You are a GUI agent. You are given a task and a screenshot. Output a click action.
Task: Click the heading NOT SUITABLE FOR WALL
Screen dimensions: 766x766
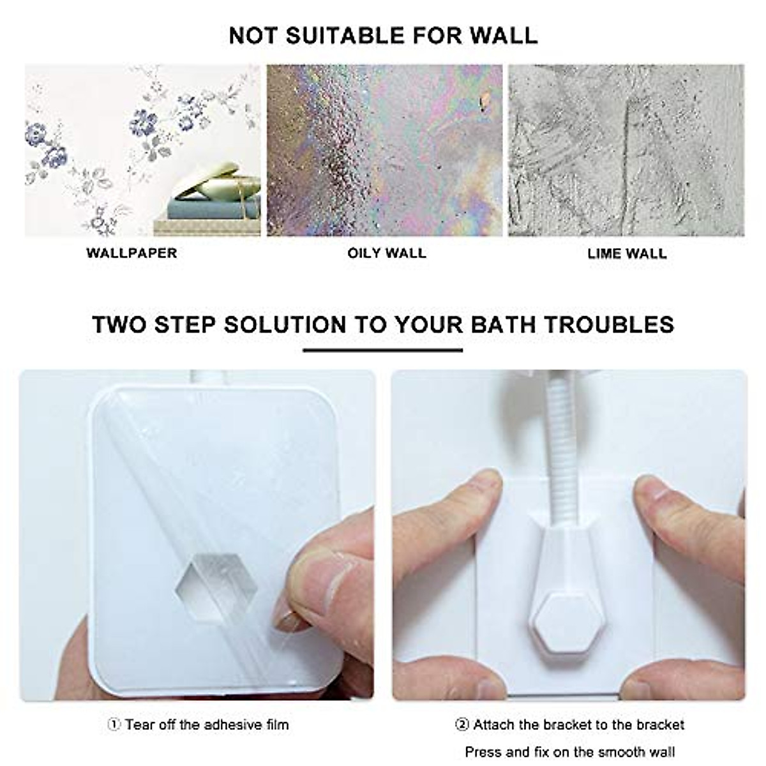click(x=383, y=35)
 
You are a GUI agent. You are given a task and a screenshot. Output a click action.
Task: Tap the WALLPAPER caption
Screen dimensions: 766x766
click(x=131, y=253)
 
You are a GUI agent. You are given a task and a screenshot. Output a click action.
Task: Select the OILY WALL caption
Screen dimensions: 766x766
click(x=387, y=253)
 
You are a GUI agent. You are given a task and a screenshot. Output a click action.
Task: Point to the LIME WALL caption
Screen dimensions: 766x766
click(x=627, y=253)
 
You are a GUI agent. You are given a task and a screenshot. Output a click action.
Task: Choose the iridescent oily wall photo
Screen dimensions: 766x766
click(x=384, y=150)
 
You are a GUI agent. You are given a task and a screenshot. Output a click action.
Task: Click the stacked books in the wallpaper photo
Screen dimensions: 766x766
click(x=207, y=211)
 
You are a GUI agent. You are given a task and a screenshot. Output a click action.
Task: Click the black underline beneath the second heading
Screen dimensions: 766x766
click(x=383, y=350)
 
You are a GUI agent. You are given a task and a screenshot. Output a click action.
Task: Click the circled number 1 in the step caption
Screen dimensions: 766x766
click(x=114, y=725)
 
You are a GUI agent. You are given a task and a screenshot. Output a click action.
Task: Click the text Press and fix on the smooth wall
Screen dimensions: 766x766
click(x=569, y=752)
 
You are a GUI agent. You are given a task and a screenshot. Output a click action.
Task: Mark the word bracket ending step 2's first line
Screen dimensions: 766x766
click(x=661, y=725)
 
